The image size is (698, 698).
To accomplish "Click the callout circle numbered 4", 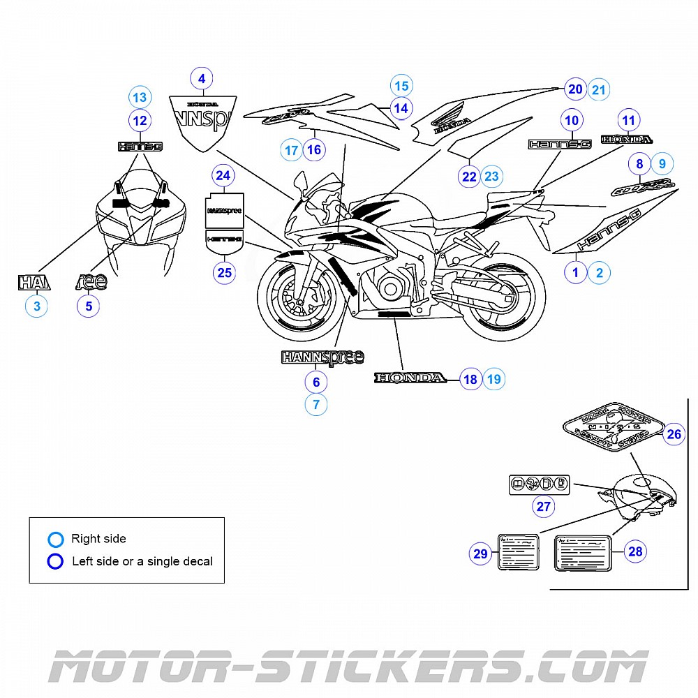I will pyautogui.click(x=202, y=79).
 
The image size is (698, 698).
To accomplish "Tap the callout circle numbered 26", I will pyautogui.click(x=674, y=435).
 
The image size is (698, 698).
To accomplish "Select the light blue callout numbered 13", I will pyautogui.click(x=140, y=97).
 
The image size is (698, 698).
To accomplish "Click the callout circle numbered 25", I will pyautogui.click(x=224, y=273).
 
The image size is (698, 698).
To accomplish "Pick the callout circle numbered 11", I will pyautogui.click(x=629, y=119).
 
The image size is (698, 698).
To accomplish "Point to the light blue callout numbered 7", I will pyautogui.click(x=315, y=404).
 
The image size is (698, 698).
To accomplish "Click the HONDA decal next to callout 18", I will pyautogui.click(x=410, y=378).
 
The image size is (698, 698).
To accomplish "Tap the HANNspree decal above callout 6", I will pyautogui.click(x=322, y=357).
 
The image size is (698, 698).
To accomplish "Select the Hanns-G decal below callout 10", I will pyautogui.click(x=560, y=144).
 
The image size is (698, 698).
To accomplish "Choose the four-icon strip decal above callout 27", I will pyautogui.click(x=540, y=483).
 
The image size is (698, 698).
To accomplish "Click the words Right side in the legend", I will pyautogui.click(x=98, y=539).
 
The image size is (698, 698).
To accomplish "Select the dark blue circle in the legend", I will pyautogui.click(x=55, y=561).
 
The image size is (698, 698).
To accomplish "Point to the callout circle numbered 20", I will pyautogui.click(x=575, y=89).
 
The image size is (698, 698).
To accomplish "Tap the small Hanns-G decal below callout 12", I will pyautogui.click(x=140, y=147).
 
